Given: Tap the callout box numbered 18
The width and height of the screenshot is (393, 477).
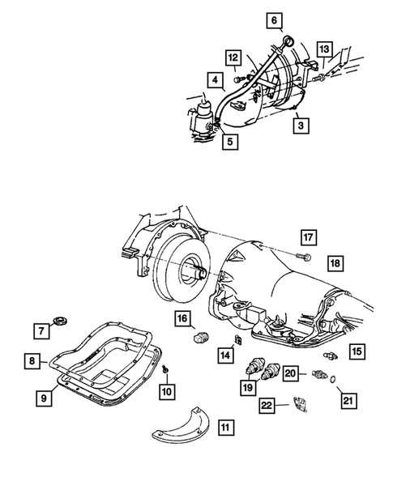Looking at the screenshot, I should pyautogui.click(x=333, y=262).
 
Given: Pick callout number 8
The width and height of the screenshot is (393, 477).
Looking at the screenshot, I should pyautogui.click(x=29, y=362).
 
